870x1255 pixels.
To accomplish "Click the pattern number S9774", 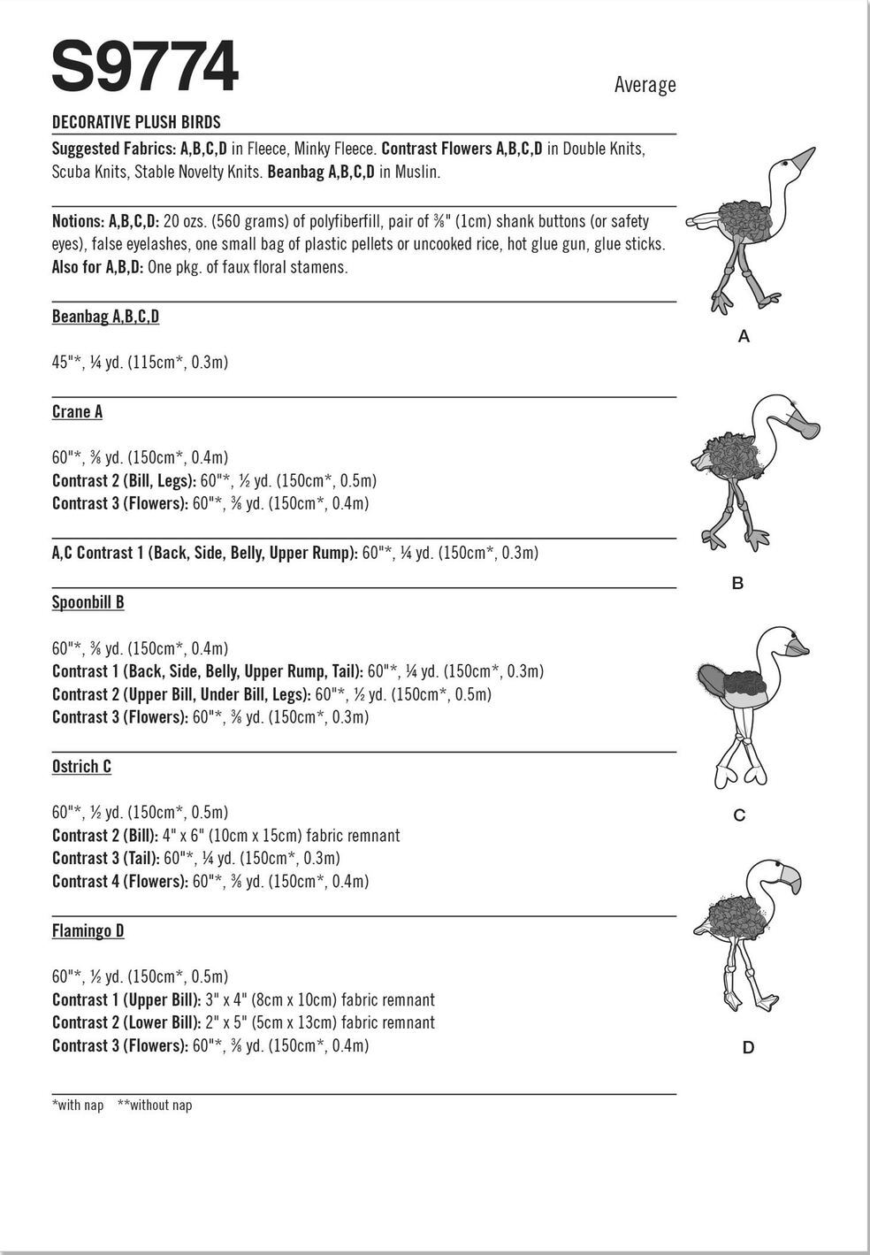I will click(145, 68).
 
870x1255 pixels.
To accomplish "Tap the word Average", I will click(645, 86).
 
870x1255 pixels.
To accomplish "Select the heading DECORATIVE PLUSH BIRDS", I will click(136, 122).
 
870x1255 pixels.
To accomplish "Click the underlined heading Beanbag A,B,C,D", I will click(105, 317).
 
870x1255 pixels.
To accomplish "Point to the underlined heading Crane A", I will click(77, 412).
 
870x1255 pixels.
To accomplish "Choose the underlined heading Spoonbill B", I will click(88, 602).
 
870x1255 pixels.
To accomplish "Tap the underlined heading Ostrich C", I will click(81, 767).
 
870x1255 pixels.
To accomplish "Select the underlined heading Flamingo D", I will click(88, 931).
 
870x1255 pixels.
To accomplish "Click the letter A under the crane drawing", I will click(744, 336).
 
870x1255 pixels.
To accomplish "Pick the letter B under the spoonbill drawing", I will click(737, 584).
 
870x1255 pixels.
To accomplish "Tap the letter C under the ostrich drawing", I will click(740, 815).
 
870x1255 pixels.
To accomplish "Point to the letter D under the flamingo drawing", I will click(748, 1048).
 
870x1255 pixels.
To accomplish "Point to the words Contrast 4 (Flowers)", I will click(119, 882).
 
